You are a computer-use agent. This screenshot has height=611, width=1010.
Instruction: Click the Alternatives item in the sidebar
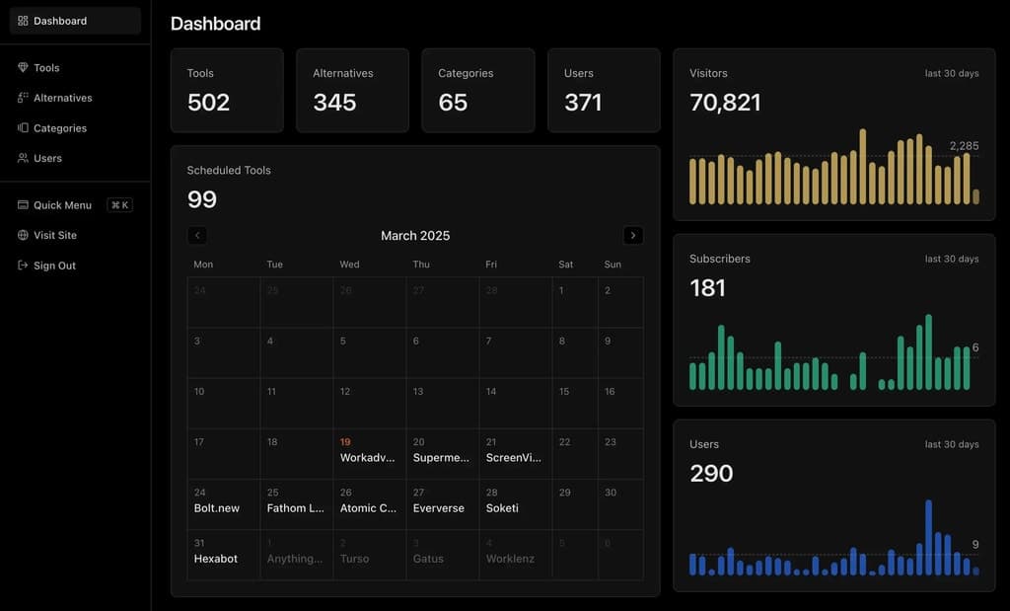62,98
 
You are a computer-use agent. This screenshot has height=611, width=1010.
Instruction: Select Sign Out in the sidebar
54,266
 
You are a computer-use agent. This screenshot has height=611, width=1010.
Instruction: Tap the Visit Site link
54,235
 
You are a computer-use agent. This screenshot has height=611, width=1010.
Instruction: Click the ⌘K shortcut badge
120,205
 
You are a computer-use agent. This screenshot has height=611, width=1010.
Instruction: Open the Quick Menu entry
62,205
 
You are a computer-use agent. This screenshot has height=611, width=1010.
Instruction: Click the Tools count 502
208,103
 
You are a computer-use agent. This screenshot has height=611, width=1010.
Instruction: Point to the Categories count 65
453,103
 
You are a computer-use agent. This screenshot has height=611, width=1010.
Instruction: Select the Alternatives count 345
334,103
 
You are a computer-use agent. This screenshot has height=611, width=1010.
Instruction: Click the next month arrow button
633,236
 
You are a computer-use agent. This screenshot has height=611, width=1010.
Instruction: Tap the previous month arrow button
197,236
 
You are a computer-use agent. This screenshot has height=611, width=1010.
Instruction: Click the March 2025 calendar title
415,236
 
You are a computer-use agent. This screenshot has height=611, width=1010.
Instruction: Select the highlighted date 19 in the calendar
345,442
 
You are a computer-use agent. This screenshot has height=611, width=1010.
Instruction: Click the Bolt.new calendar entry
217,508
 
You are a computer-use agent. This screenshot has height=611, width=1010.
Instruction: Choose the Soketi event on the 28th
502,508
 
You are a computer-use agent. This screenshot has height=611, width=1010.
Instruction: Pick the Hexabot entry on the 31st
216,559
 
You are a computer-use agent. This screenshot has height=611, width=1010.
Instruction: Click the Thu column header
421,265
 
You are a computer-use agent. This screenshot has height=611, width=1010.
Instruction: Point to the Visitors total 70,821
725,103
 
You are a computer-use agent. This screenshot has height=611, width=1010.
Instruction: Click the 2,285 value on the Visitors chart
964,146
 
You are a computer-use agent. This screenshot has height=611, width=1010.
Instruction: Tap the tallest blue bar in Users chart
928,538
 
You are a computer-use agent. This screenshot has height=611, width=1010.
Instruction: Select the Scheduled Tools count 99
202,199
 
